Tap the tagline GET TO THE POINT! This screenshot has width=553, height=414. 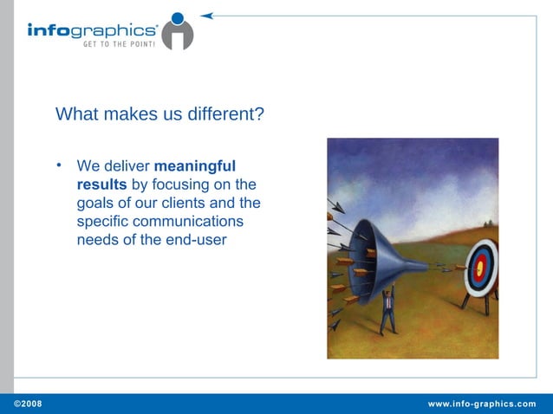tap(119, 44)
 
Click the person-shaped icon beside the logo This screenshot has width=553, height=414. tap(178, 31)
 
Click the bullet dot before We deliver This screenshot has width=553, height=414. tap(58, 164)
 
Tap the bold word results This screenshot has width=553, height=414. tap(101, 184)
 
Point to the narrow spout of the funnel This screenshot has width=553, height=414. tap(416, 265)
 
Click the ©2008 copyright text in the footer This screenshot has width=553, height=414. tap(26, 404)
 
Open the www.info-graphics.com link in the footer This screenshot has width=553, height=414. tap(482, 404)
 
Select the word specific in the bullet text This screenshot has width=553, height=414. tap(101, 222)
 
